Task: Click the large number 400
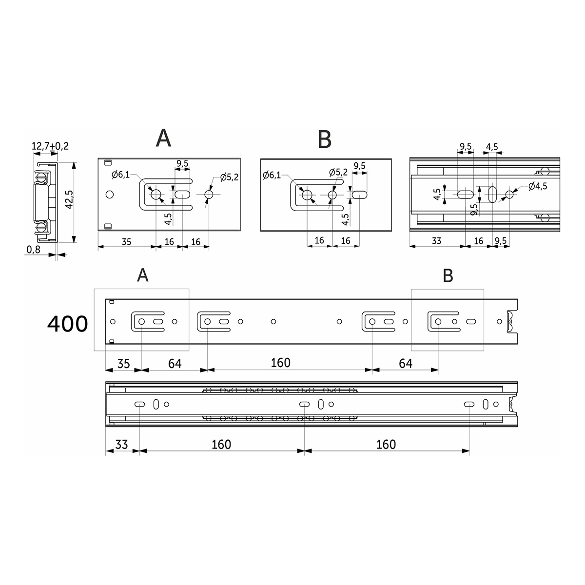pyautogui.click(x=67, y=324)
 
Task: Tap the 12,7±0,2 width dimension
pyautogui.click(x=50, y=146)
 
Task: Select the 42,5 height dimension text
pyautogui.click(x=69, y=199)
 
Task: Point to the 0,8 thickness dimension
pyautogui.click(x=34, y=250)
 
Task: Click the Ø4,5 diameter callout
pyautogui.click(x=538, y=186)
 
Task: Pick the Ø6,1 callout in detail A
pyautogui.click(x=120, y=175)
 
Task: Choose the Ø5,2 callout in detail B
pyautogui.click(x=338, y=173)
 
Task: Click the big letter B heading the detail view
pyautogui.click(x=325, y=139)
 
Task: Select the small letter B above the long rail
pyautogui.click(x=448, y=275)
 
